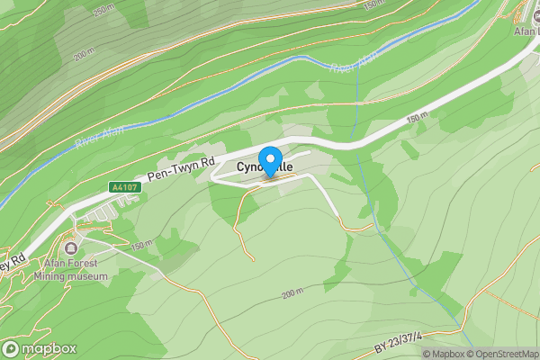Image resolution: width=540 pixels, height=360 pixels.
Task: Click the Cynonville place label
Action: (265, 166)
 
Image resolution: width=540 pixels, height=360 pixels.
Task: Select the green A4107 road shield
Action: (122, 187)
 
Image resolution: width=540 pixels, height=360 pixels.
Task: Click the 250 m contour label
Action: (104, 10)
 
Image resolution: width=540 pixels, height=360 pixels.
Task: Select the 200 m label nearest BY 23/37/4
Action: (293, 294)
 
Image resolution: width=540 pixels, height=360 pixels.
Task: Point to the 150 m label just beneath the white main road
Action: (416, 118)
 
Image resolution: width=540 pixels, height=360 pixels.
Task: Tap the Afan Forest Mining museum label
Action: (73, 270)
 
